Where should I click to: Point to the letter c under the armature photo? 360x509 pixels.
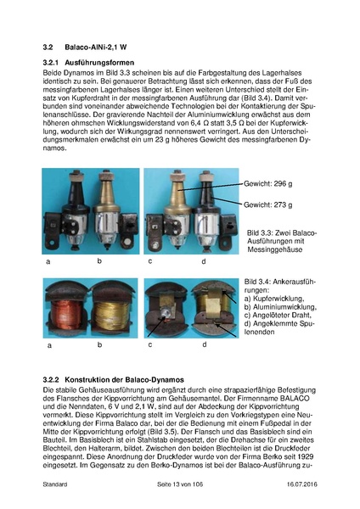[x=149, y=344]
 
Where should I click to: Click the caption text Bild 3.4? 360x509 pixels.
[x=258, y=280]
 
